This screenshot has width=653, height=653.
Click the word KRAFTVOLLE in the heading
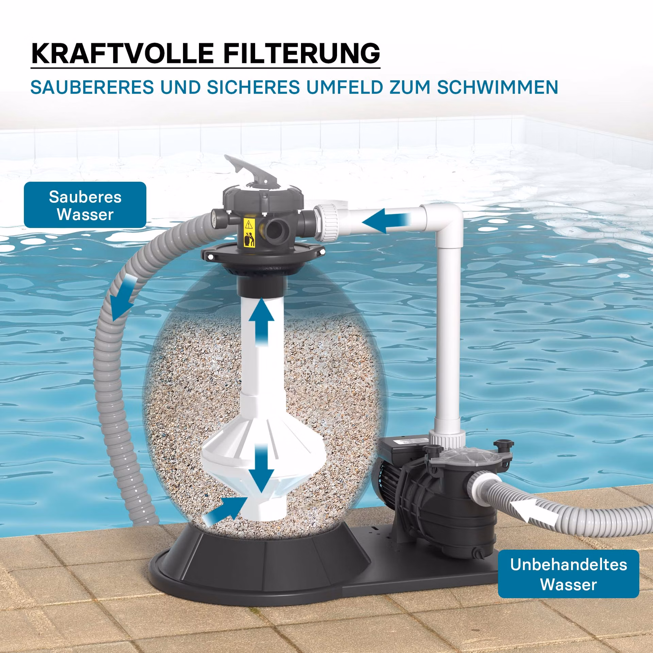[122, 53]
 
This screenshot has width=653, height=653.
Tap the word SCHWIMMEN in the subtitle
[498, 87]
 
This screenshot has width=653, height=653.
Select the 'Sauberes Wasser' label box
[85, 205]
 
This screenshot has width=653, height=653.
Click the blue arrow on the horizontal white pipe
[387, 220]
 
